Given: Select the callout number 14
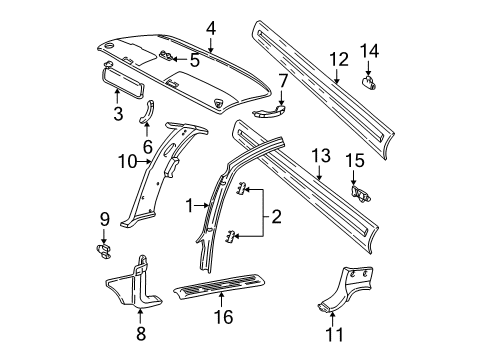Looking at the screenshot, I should [369, 50].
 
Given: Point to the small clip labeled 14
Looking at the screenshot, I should [369, 83].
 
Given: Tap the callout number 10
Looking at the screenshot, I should [126, 160].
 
